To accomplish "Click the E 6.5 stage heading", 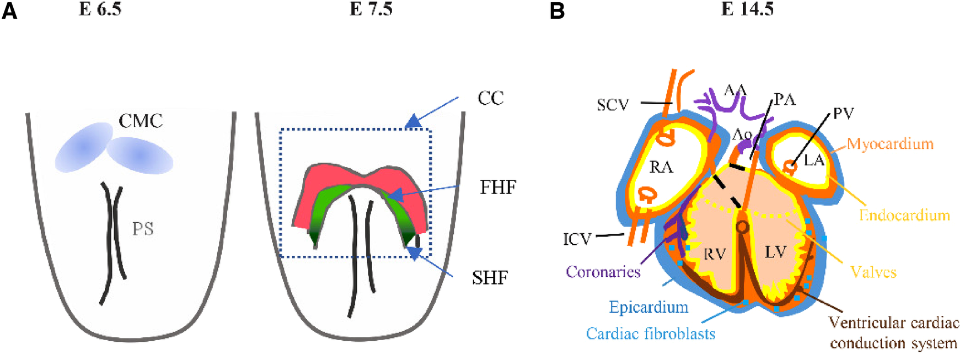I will click(100, 9).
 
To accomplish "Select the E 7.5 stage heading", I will click(371, 9).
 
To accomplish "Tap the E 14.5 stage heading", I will click(747, 9).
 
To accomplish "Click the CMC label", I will click(141, 121).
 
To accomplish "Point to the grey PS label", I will click(142, 228).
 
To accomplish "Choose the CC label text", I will click(490, 98).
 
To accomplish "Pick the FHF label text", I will click(498, 187).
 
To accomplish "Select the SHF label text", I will click(490, 278).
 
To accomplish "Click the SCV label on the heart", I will click(613, 104).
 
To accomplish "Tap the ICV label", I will click(577, 239).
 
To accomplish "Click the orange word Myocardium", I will click(890, 144).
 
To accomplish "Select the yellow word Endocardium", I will click(904, 214).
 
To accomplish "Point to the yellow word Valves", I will click(873, 272).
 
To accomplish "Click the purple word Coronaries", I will click(603, 272).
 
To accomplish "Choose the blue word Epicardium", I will click(648, 307).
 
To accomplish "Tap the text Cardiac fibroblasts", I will click(651, 334).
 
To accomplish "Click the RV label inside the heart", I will click(714, 254).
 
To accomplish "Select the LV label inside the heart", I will click(775, 252).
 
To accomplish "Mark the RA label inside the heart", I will click(661, 166).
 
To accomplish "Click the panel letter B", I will click(557, 11).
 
